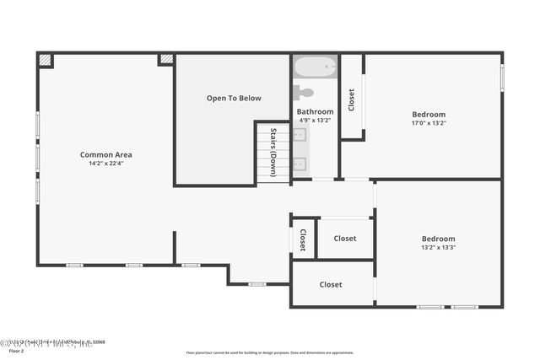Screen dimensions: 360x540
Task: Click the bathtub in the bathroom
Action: pyautogui.click(x=316, y=65)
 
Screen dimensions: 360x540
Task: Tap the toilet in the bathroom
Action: pyautogui.click(x=304, y=93)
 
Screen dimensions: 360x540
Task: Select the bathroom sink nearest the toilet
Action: pyautogui.click(x=300, y=135)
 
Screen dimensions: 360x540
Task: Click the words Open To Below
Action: pyautogui.click(x=234, y=99)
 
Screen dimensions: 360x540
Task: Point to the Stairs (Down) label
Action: pyautogui.click(x=273, y=153)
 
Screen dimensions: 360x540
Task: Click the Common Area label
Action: pyautogui.click(x=105, y=154)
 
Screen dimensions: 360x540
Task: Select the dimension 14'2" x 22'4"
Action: pyautogui.click(x=105, y=164)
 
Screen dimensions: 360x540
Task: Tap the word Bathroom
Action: pyautogui.click(x=315, y=111)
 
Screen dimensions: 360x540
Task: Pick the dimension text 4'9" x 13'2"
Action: pyautogui.click(x=315, y=121)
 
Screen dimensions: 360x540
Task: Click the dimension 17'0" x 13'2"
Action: pyautogui.click(x=429, y=123)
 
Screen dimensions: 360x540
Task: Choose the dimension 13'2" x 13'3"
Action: pyautogui.click(x=438, y=247)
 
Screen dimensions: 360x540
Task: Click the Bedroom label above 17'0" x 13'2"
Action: pyautogui.click(x=429, y=114)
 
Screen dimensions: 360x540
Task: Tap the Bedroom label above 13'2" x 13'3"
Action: pyautogui.click(x=438, y=239)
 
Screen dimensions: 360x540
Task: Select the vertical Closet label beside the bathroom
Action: pyautogui.click(x=352, y=99)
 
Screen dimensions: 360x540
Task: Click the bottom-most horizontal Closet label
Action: pyautogui.click(x=331, y=285)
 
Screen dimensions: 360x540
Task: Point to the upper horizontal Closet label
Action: pyautogui.click(x=344, y=239)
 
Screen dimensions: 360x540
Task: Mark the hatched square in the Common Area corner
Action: pyautogui.click(x=46, y=61)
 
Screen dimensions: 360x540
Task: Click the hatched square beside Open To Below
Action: pyautogui.click(x=166, y=60)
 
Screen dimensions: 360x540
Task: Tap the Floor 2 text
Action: pyautogui.click(x=17, y=351)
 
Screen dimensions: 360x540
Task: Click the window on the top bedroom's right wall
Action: pyautogui.click(x=502, y=78)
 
